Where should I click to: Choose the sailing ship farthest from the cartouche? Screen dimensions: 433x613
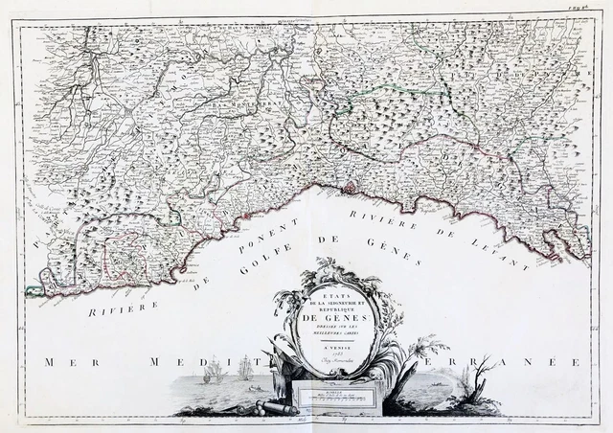point(213,368)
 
